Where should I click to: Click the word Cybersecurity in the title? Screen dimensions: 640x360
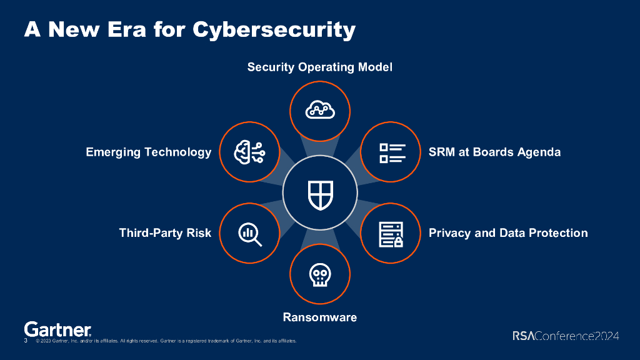[274, 29]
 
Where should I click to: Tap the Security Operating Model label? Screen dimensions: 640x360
[319, 67]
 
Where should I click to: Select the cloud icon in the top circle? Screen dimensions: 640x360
[320, 111]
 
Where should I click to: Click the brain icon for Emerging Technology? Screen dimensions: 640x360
[249, 152]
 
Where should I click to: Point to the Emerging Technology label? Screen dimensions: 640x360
[149, 152]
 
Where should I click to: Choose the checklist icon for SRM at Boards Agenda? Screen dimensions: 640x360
[392, 152]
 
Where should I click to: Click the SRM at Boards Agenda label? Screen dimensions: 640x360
[494, 152]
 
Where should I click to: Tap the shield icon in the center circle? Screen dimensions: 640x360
[320, 193]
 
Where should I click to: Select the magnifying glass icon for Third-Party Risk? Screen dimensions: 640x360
[249, 234]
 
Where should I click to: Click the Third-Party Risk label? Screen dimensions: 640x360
[165, 233]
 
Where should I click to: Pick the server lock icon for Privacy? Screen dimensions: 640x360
[391, 234]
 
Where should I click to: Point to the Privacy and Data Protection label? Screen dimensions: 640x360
[508, 233]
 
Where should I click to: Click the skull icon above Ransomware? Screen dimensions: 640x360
[320, 275]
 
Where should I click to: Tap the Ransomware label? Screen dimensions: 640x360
[319, 317]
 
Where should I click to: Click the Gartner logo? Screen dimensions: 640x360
[57, 329]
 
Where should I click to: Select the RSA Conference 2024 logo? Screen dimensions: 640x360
[566, 336]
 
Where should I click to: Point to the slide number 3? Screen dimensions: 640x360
[26, 341]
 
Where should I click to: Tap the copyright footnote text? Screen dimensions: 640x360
[166, 341]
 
